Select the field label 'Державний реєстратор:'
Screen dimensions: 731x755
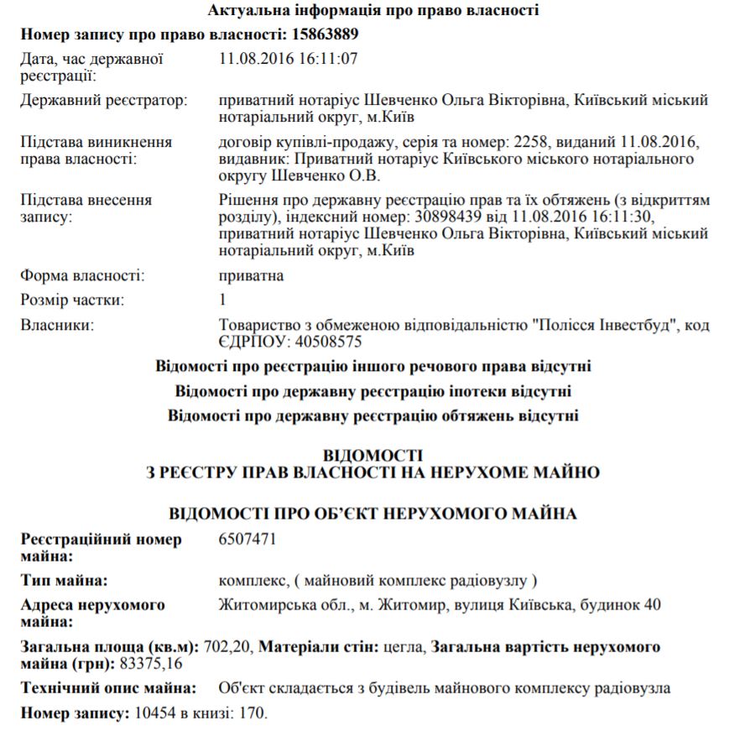tap(104, 101)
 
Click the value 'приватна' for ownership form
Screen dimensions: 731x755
tap(251, 275)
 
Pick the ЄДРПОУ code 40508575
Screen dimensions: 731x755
tap(324, 342)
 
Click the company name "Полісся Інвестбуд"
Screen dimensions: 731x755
tap(609, 325)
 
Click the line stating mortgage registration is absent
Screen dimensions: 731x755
tap(373, 391)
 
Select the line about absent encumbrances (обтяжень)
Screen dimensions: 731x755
tap(373, 415)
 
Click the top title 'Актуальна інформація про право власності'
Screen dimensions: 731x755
tap(373, 10)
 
